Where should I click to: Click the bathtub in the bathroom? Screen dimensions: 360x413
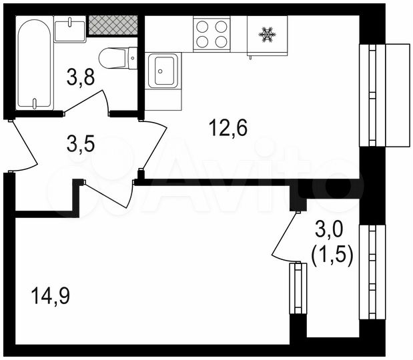(x=35, y=65)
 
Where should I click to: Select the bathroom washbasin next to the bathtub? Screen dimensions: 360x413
(x=70, y=30)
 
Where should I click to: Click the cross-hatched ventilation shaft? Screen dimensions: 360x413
(x=111, y=25)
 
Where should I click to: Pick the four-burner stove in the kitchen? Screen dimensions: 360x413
(x=211, y=34)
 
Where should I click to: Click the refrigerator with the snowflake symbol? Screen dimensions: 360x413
(x=267, y=34)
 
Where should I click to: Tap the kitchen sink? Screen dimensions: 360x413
(x=163, y=71)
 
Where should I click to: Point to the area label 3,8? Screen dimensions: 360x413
(x=81, y=79)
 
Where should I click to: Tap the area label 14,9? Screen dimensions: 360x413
(x=50, y=293)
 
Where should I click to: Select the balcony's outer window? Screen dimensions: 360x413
(x=372, y=272)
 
